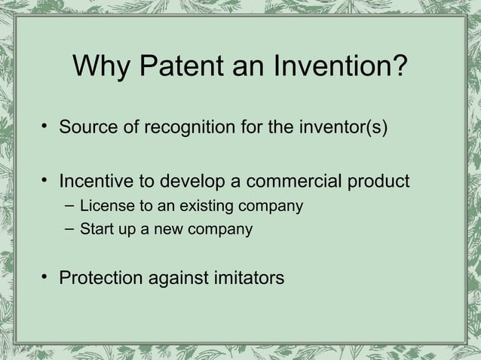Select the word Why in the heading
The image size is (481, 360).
pos(100,70)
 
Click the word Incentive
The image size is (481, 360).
pos(97,182)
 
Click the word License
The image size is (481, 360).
pos(105,206)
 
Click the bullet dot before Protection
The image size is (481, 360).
pos(46,278)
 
